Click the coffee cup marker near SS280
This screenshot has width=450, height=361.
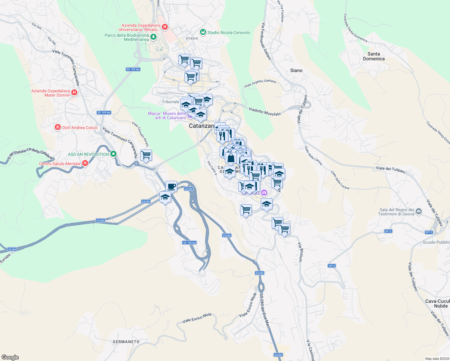pyautogui.click(x=171, y=186)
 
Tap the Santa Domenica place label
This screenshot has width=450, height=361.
pyautogui.click(x=374, y=56)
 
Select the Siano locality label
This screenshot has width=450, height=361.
pyautogui.click(x=296, y=70)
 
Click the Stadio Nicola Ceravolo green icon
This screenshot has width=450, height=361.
pyautogui.click(x=203, y=32)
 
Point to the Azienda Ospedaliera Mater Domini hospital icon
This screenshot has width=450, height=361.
pyautogui.click(x=74, y=93)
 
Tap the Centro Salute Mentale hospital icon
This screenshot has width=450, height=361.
pyautogui.click(x=85, y=163)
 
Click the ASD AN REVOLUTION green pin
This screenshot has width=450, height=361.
pyautogui.click(x=113, y=154)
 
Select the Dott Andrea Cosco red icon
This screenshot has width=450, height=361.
pyautogui.click(x=57, y=128)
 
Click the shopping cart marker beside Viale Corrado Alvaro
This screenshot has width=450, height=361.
pyautogui.click(x=146, y=155)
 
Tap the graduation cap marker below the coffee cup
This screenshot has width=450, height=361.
pyautogui.click(x=165, y=197)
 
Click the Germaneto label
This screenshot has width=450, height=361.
pyautogui.click(x=126, y=342)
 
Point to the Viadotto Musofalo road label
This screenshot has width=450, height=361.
pyautogui.click(x=265, y=112)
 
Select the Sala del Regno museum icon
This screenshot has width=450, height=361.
pyautogui.click(x=419, y=212)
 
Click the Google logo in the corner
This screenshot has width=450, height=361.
pyautogui.click(x=10, y=357)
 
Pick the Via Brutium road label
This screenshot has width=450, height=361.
pyautogui.click(x=300, y=252)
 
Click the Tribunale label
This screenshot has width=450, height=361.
pyautogui.click(x=171, y=102)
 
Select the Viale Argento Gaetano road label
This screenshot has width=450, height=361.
pyautogui.click(x=260, y=83)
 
